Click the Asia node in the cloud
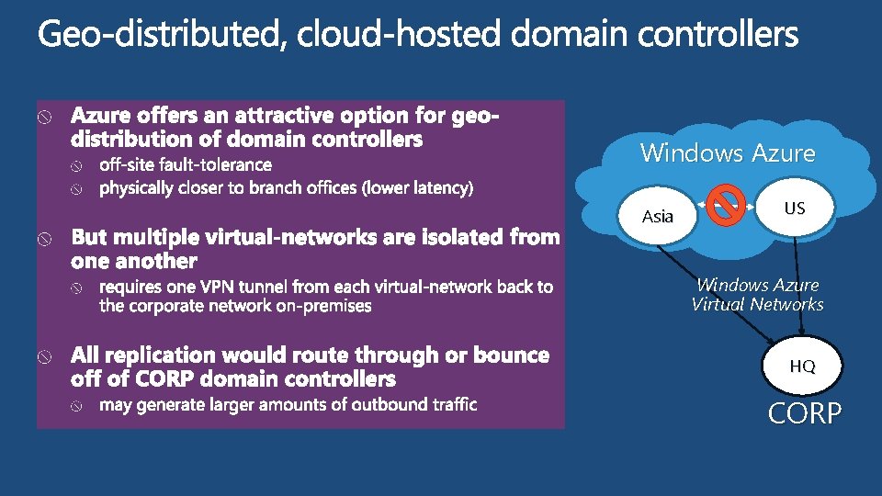[x=658, y=217]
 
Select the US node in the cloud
[x=795, y=209]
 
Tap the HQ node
[x=802, y=366]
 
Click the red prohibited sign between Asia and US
[x=728, y=203]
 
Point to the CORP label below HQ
[x=805, y=414]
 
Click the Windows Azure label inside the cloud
[x=728, y=152]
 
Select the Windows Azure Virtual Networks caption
[x=758, y=295]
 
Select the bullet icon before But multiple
[x=44, y=239]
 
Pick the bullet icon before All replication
[x=44, y=356]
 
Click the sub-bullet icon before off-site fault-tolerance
[x=78, y=166]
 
